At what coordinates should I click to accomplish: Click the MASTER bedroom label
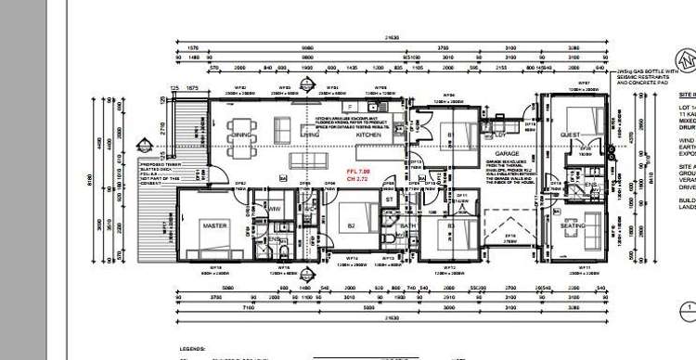point(215,225)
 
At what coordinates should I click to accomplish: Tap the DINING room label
point(243,135)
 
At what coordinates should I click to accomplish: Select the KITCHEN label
point(368,135)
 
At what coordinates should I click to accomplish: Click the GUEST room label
point(570,135)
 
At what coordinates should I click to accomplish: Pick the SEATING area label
point(573,225)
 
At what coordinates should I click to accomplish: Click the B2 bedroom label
point(352,225)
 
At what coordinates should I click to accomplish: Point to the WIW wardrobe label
point(275,210)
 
